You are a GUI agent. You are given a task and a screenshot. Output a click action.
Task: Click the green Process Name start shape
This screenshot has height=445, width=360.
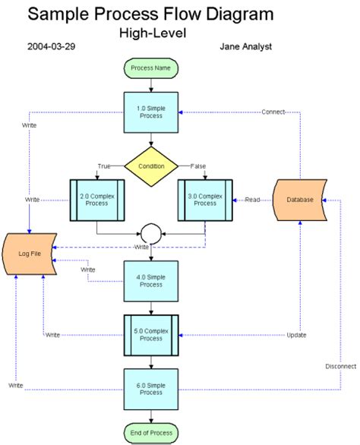pyautogui.click(x=151, y=68)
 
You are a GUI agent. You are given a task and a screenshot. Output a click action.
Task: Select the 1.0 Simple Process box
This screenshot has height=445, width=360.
pyautogui.click(x=151, y=112)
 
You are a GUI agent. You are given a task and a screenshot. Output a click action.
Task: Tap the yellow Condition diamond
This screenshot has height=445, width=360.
pyautogui.click(x=151, y=166)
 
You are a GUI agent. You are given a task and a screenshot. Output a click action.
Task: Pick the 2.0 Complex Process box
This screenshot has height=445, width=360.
pyautogui.click(x=96, y=200)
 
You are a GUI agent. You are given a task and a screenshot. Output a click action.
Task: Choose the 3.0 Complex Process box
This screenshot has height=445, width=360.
pyautogui.click(x=204, y=200)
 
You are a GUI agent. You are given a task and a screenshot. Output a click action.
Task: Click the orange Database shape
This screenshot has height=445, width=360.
pyautogui.click(x=302, y=200)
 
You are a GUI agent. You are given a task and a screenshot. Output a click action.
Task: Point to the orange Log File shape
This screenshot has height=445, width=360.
pyautogui.click(x=29, y=252)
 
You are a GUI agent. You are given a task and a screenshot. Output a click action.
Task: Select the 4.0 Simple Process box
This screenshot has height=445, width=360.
pyautogui.click(x=151, y=280)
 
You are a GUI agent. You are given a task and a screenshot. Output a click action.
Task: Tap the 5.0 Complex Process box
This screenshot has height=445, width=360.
pyautogui.click(x=151, y=334)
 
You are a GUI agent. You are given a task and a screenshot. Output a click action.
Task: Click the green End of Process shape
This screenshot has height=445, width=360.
pyautogui.click(x=151, y=433)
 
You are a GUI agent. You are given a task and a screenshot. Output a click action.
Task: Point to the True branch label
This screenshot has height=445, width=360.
pyautogui.click(x=104, y=166)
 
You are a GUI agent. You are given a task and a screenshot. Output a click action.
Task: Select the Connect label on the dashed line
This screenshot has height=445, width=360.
pyautogui.click(x=273, y=112)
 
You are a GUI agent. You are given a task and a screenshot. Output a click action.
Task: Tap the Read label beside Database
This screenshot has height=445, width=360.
pyautogui.click(x=252, y=200)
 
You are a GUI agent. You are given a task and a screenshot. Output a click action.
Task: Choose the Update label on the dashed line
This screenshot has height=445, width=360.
pyautogui.click(x=296, y=335)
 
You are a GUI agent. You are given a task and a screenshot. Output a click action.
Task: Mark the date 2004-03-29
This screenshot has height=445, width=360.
pyautogui.click(x=51, y=46)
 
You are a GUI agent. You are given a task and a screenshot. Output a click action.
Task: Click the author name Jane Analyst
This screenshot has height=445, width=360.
pyautogui.click(x=245, y=46)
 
